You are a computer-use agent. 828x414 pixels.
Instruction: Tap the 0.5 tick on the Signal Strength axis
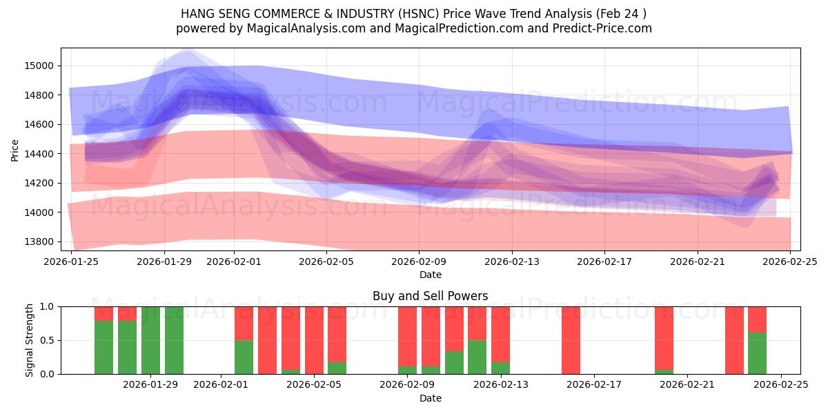tap(47, 340)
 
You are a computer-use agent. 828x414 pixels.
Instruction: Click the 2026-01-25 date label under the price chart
tap(72, 262)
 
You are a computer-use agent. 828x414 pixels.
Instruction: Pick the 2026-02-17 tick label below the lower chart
tap(594, 384)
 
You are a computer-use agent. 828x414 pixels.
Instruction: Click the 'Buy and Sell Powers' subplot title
tap(430, 296)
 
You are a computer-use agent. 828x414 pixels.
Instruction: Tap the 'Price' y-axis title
tap(15, 149)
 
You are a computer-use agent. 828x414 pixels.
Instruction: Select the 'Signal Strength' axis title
tap(29, 340)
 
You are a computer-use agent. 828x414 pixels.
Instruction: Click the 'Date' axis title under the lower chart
tap(430, 398)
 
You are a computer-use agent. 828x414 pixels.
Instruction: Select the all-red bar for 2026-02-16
tap(571, 340)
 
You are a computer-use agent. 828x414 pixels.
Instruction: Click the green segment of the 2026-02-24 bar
tap(757, 353)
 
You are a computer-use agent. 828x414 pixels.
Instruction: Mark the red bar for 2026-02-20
tap(664, 338)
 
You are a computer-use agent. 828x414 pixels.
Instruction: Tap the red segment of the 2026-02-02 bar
tap(244, 323)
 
